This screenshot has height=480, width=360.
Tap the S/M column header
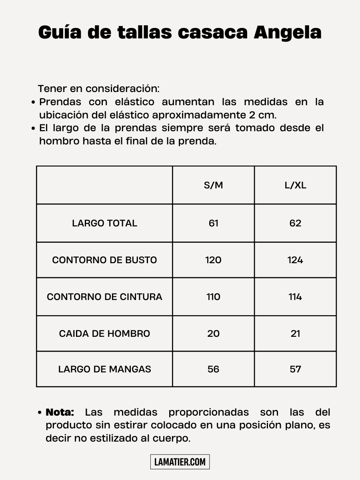coord(213,185)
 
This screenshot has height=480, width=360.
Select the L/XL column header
coord(295,185)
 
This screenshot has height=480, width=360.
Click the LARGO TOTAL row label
coord(104,223)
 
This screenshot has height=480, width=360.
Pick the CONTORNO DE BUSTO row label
coord(104,260)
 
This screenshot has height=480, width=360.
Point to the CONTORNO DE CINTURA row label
coord(104,297)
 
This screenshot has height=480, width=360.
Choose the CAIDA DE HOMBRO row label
coord(104,334)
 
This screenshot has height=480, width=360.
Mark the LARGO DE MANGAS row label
coord(104,369)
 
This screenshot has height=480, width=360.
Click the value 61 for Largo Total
coord(213,223)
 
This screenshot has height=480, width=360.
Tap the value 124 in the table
coord(295,260)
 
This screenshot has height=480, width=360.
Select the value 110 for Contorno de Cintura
coord(213,297)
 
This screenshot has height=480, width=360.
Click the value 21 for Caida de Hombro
coord(295,334)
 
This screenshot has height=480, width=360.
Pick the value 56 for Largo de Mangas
coord(213,369)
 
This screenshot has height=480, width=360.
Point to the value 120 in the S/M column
coord(213,260)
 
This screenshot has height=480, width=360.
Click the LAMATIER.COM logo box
coord(180,462)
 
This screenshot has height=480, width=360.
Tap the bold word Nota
coord(60,412)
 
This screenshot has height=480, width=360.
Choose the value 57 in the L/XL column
coord(295,369)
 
